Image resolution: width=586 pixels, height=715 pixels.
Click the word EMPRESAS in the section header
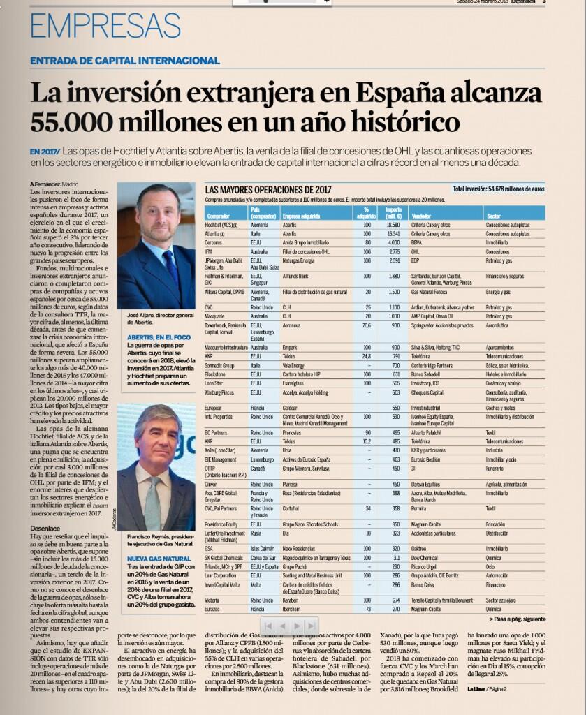coord(105,27)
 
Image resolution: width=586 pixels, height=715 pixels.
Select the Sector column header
coord(494,216)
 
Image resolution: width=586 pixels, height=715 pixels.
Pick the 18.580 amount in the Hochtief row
coord(393,226)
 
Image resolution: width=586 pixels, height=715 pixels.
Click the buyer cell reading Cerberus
coord(214,242)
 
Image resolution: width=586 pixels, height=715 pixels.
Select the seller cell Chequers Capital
coord(427,392)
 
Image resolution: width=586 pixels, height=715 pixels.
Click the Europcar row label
coord(214,407)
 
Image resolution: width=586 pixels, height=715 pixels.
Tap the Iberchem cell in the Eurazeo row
coord(293,609)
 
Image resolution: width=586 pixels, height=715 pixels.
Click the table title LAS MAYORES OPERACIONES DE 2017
coord(268,189)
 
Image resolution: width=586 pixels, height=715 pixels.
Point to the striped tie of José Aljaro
coord(169,263)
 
